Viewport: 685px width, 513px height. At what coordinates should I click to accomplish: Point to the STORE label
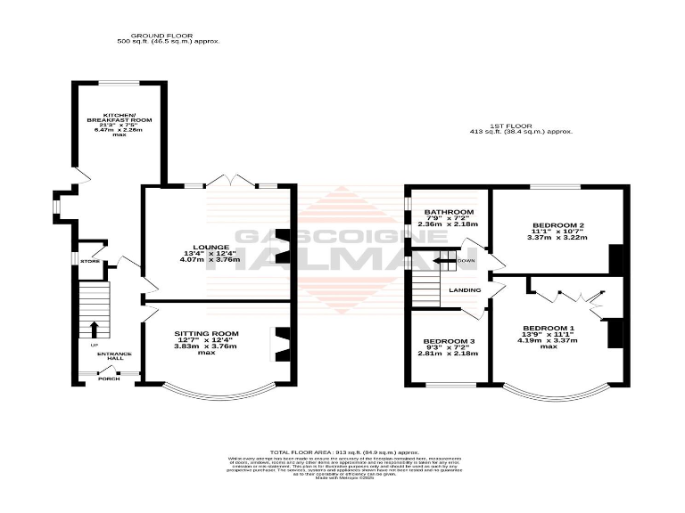point(90,261)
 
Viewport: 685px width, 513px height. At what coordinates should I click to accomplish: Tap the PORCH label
point(109,379)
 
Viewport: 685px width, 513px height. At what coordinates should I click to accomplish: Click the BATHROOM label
point(449,212)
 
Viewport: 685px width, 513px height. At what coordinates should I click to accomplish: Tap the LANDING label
point(466,289)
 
